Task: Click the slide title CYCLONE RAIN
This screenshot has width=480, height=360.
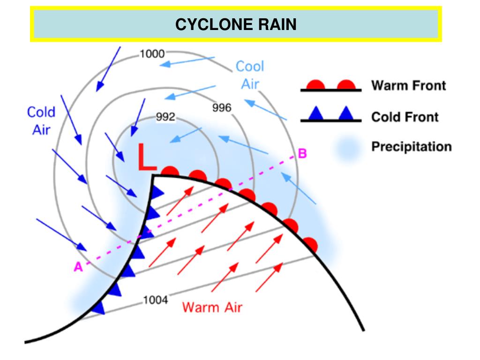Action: (236, 24)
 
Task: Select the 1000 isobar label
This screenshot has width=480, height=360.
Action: (152, 53)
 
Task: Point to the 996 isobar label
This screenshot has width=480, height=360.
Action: (222, 108)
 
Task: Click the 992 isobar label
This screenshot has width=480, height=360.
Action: (165, 117)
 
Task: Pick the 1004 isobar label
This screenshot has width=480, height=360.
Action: (155, 300)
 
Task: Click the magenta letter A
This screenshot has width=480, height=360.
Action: (78, 267)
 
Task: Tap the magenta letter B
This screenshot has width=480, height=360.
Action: (302, 154)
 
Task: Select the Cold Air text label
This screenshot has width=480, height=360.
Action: (41, 120)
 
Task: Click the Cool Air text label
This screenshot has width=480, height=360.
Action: (250, 75)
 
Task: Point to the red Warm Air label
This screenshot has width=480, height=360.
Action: (212, 307)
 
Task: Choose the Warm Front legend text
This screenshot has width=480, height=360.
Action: (408, 86)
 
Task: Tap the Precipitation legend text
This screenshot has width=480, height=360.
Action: (412, 147)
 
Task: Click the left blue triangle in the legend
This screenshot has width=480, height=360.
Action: (316, 113)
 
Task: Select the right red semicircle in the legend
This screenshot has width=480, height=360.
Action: (346, 85)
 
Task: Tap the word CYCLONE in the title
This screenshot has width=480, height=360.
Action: (214, 24)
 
